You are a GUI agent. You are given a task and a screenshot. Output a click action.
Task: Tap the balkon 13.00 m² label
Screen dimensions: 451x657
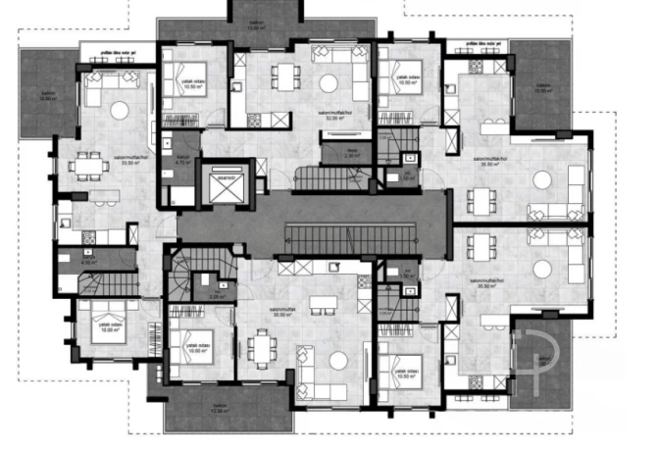(257, 25)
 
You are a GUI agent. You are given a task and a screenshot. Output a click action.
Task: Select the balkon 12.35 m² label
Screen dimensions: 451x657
(218, 411)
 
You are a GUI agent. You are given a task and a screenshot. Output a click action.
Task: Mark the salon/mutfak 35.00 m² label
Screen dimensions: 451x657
(284, 315)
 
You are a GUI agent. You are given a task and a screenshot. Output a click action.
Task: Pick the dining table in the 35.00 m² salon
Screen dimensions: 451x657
(259, 345)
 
